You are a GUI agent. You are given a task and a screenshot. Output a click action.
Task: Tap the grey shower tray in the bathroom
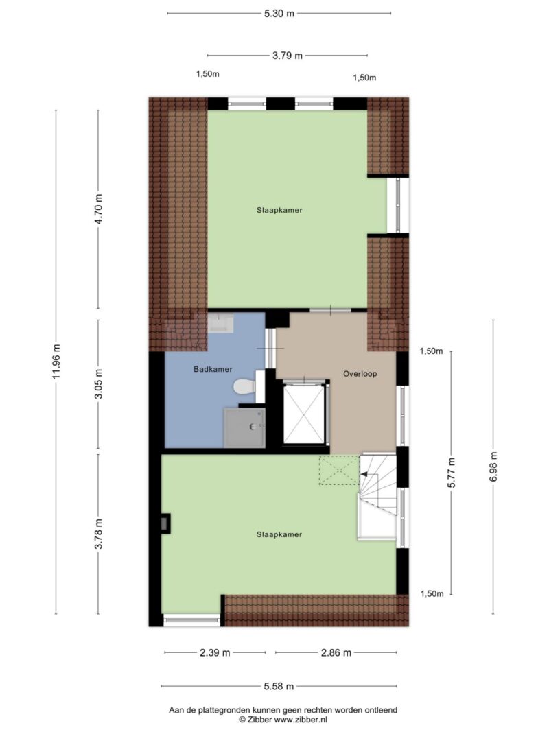(244, 428)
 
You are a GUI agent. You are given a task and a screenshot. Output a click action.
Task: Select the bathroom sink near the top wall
(221, 323)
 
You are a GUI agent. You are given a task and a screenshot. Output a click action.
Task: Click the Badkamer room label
(213, 369)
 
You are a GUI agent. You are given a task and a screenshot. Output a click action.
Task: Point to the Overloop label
(360, 373)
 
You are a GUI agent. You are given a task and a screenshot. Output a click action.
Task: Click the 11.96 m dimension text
(56, 362)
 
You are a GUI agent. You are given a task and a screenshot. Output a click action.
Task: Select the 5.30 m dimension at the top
(279, 14)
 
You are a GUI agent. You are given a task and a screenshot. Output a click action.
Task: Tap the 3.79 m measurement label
(288, 56)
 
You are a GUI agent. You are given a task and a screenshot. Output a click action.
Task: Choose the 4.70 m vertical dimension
(99, 209)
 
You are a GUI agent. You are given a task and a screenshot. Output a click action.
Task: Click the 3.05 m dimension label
(99, 384)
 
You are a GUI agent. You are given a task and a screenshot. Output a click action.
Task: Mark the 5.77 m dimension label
(451, 473)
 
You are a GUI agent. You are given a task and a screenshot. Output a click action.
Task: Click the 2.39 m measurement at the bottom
(215, 652)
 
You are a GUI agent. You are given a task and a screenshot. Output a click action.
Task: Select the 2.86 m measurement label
(336, 652)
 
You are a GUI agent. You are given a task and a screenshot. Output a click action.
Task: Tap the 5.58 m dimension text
(279, 686)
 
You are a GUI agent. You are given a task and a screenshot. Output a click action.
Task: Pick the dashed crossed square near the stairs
(340, 470)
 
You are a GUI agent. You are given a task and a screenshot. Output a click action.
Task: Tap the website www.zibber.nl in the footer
(301, 720)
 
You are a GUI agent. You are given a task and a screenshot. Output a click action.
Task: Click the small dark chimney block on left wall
(165, 523)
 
